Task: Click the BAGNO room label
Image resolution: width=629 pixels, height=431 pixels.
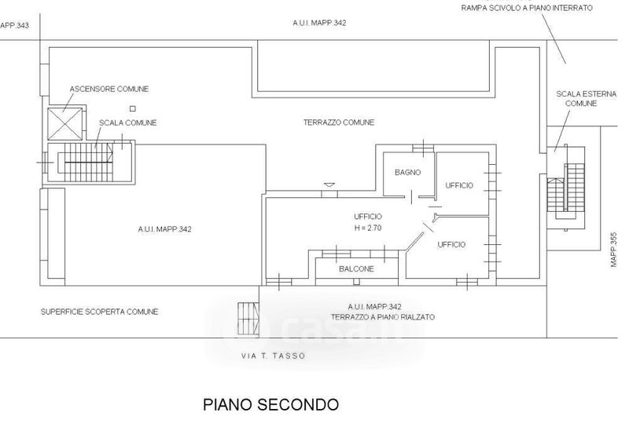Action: [x=407, y=173]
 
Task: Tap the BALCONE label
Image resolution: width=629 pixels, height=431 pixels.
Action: [x=356, y=268]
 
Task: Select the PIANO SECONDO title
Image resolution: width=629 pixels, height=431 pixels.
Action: [x=270, y=404]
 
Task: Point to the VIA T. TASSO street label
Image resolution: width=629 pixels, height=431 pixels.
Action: [x=273, y=356]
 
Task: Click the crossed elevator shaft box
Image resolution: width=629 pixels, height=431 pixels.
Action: [x=64, y=123]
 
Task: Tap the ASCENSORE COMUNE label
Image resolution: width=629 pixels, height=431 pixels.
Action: [x=109, y=89]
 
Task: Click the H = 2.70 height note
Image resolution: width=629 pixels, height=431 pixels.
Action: [x=368, y=228]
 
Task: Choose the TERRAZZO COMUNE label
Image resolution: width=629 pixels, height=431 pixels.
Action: [x=339, y=122]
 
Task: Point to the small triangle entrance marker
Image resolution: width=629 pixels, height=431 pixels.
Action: [x=329, y=185]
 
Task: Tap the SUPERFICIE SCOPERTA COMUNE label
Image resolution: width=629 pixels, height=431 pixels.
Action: [x=100, y=312]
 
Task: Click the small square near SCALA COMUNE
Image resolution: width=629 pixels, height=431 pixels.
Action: [x=133, y=108]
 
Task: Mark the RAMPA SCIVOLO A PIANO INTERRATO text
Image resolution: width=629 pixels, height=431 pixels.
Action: [x=526, y=8]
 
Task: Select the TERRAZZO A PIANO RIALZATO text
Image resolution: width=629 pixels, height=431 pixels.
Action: [x=383, y=317]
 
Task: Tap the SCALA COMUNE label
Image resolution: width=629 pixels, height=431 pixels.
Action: [x=127, y=123]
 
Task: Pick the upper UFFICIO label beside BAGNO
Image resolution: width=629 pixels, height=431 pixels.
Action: [x=459, y=185]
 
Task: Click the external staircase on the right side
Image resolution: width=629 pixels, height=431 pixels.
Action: [x=566, y=187]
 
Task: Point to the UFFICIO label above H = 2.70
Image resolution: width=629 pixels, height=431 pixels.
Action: [x=368, y=217]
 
